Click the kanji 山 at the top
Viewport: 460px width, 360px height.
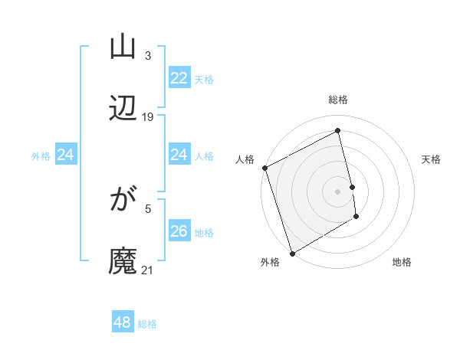(x=123, y=47)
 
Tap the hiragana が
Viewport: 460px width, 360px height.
(x=123, y=201)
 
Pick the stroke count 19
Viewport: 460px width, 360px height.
(x=148, y=117)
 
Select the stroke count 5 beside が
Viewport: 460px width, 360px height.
(x=148, y=207)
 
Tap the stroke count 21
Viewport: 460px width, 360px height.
(x=147, y=270)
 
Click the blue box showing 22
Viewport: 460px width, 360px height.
(x=179, y=78)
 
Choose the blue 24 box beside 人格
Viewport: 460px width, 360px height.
(x=179, y=155)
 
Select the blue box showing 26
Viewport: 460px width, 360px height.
(x=179, y=231)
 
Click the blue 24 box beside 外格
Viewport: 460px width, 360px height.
(x=65, y=155)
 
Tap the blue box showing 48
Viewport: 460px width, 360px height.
(x=123, y=322)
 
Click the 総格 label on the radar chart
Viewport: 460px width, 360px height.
(x=338, y=100)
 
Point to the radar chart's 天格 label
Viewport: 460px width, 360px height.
(x=432, y=159)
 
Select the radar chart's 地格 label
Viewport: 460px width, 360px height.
(x=402, y=262)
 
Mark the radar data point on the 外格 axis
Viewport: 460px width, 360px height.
(x=291, y=253)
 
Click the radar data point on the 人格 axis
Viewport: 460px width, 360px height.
(x=264, y=168)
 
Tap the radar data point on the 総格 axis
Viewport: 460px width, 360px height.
(x=338, y=130)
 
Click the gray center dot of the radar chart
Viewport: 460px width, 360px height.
(x=338, y=191)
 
